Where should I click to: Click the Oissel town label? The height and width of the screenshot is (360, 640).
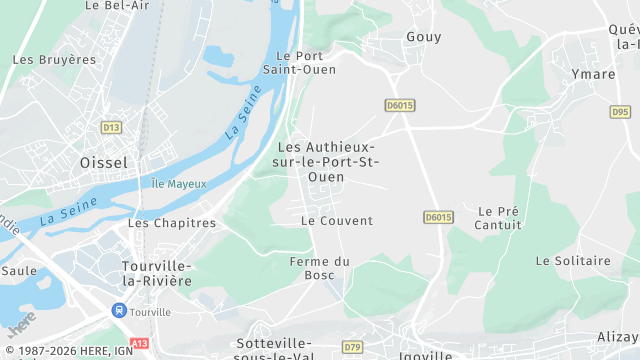103,162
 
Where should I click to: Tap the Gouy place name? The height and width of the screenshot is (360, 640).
424,37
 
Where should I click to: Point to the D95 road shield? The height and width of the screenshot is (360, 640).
621,112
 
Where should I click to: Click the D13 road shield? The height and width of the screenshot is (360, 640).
111,127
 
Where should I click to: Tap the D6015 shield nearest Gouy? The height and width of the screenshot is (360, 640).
399,104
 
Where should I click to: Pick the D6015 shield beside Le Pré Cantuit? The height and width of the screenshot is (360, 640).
438,217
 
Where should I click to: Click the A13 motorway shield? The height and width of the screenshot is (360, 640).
139,343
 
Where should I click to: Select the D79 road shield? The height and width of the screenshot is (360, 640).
352,347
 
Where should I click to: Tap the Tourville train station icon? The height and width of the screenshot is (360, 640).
119,311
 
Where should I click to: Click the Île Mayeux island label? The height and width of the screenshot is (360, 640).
179,184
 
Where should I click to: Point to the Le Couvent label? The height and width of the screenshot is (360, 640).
336,221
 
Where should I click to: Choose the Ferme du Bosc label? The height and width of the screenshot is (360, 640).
319,268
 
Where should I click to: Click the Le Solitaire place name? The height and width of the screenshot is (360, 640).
573,261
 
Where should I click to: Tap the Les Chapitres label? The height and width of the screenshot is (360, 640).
172,223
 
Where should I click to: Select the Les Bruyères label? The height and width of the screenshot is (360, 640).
54,60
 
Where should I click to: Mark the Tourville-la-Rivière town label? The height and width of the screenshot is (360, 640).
156,273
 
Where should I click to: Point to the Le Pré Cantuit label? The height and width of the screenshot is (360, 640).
499,218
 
